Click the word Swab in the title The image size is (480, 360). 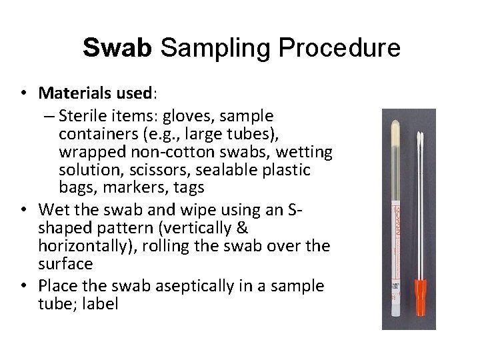pyautogui.click(x=118, y=49)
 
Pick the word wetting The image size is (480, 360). pyautogui.click(x=298, y=152)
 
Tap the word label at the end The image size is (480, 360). pyautogui.click(x=103, y=303)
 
